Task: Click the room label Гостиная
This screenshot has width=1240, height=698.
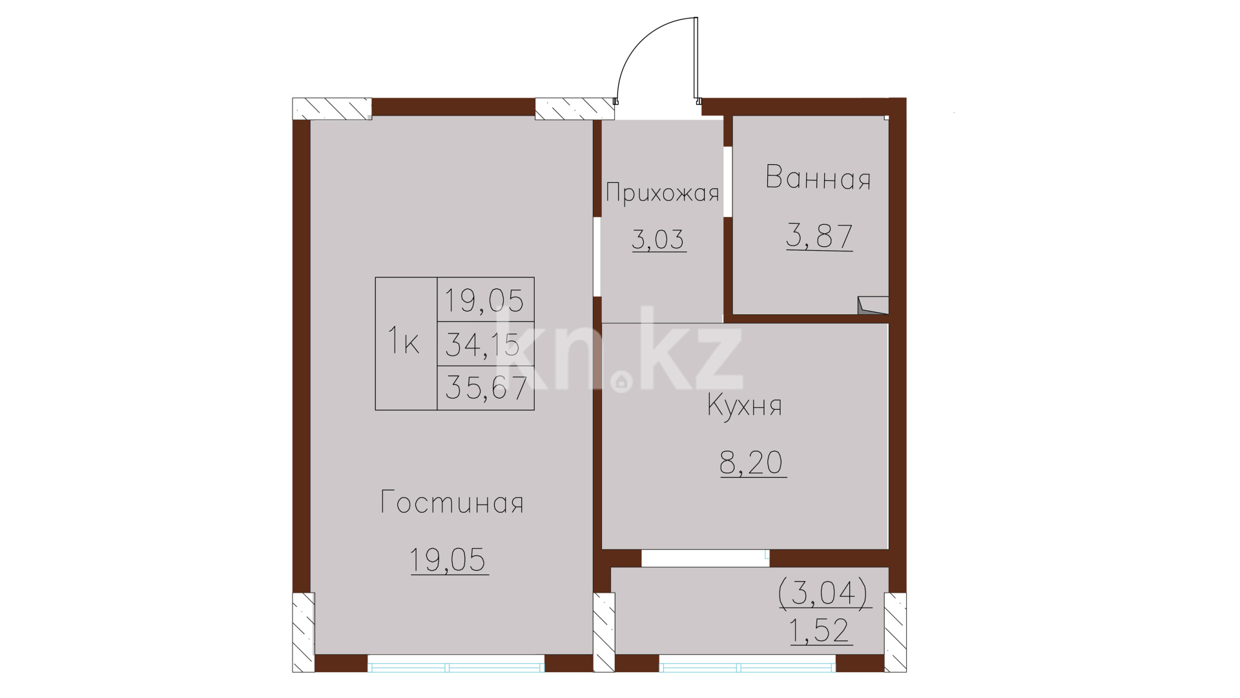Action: tap(451, 502)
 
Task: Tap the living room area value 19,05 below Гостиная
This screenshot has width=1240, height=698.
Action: tap(448, 560)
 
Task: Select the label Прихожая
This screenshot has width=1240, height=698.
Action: tap(662, 193)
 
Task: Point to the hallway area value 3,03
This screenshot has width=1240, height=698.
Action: tap(658, 239)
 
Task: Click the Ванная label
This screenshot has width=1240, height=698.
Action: tap(818, 178)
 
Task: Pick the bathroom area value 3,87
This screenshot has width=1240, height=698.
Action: tap(819, 236)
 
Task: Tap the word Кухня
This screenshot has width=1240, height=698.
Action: tap(744, 406)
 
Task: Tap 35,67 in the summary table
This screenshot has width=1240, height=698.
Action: tap(486, 388)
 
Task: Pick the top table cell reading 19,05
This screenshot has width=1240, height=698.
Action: tap(484, 301)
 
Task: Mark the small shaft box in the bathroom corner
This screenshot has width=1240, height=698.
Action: tap(873, 306)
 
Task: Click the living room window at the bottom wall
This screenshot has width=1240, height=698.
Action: tap(456, 664)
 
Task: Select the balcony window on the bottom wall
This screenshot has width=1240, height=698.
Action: tap(747, 664)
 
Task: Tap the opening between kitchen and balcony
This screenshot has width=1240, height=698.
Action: tap(705, 558)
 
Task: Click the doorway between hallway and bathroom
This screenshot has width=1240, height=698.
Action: tap(728, 182)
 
